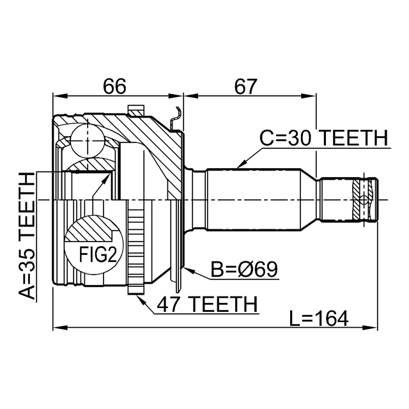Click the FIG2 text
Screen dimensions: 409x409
97,254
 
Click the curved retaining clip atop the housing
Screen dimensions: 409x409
177,116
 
